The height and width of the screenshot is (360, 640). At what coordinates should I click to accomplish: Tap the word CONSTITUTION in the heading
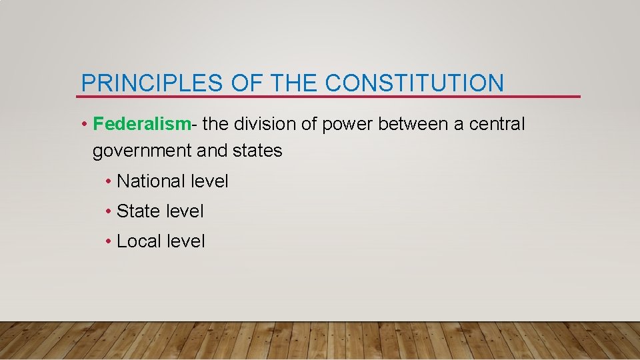(415, 83)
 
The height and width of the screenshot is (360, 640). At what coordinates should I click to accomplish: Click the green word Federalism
(142, 124)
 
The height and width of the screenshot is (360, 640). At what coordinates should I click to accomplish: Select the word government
(142, 151)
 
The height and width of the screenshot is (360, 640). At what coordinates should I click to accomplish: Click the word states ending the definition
(257, 151)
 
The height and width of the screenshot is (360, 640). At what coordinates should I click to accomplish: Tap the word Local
(137, 241)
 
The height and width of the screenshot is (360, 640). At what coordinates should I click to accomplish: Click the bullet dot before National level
(108, 182)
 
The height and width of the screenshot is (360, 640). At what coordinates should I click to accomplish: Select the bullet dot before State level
(108, 212)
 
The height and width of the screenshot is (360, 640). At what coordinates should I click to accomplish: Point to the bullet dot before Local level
(108, 242)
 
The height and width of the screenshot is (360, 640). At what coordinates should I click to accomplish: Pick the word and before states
(212, 151)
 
